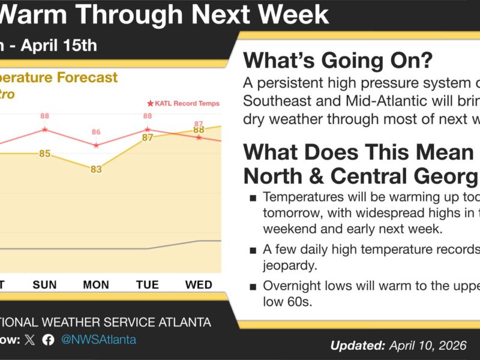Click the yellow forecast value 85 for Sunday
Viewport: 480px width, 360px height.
[x=45, y=154]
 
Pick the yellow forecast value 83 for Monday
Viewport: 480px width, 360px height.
[x=96, y=170]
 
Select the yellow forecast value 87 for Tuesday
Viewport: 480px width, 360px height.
[x=147, y=137]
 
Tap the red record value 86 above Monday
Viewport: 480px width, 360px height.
[x=96, y=132]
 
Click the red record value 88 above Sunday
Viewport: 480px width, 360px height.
[x=45, y=116]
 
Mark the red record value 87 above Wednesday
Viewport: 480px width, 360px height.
[x=199, y=124]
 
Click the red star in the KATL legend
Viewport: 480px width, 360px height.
[x=150, y=103]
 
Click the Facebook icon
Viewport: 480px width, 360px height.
[x=48, y=340]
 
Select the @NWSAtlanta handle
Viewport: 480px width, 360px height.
[x=98, y=340]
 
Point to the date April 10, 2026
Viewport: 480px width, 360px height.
[x=427, y=345]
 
